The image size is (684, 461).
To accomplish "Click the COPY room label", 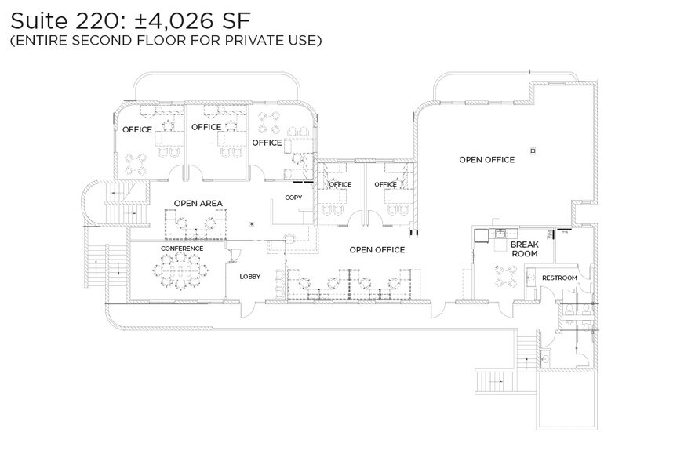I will (x=293, y=198).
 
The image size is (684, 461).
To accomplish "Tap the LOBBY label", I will (x=249, y=276).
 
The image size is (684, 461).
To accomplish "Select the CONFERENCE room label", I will (x=182, y=249).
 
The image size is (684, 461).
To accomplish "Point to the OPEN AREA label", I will (x=198, y=203).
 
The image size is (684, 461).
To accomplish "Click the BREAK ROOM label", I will (x=524, y=249).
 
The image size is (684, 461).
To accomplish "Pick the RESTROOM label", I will (x=559, y=278).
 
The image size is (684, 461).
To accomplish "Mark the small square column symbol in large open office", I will (x=533, y=150).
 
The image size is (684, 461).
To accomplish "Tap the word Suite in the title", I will (x=27, y=16).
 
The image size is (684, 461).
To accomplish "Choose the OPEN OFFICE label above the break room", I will (x=486, y=160).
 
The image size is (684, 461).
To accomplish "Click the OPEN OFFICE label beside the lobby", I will (x=377, y=250).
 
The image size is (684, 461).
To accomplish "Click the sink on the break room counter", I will (x=499, y=234).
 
